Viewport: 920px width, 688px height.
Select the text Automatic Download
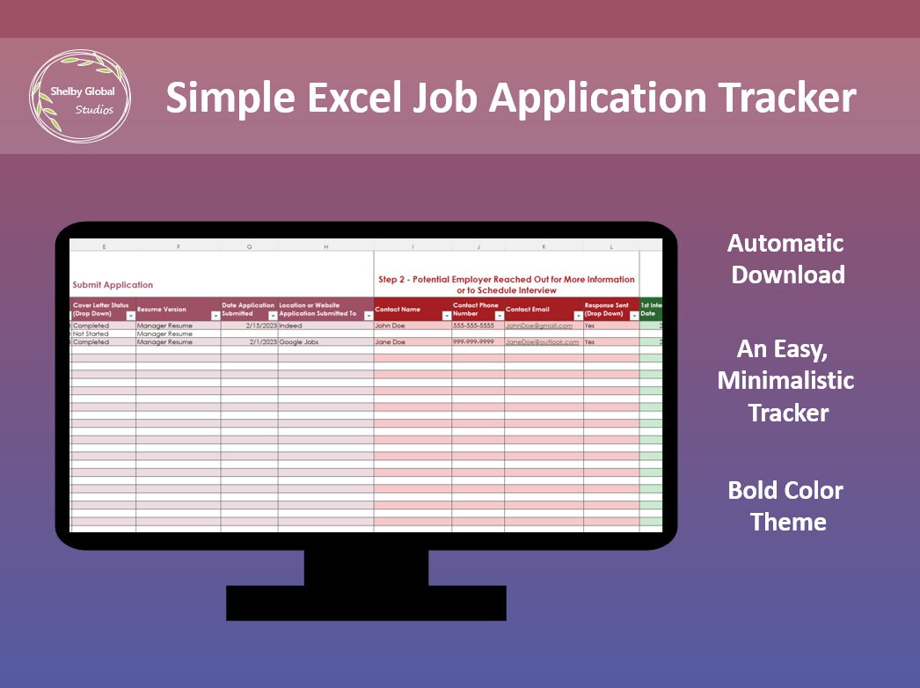coord(788,259)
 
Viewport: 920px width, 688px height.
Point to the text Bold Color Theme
coord(786,506)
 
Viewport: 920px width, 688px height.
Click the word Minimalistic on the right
coord(786,380)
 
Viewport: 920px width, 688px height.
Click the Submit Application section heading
coord(113,285)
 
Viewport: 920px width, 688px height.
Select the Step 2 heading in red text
coord(506,284)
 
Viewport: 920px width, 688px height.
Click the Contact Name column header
coord(398,310)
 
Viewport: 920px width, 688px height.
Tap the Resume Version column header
coord(162,310)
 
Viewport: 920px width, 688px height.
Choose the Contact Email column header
coord(528,310)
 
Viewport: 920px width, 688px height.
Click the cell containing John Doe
coord(391,326)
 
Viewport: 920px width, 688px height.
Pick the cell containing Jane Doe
coord(391,342)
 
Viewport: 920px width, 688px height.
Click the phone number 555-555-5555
coord(473,326)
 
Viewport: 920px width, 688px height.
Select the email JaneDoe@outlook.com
coord(542,342)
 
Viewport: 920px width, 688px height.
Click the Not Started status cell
coord(91,334)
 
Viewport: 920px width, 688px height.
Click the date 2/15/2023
coord(262,326)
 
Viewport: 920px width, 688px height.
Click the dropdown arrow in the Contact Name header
coord(446,316)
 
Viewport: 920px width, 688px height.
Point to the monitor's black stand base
coord(366,603)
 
